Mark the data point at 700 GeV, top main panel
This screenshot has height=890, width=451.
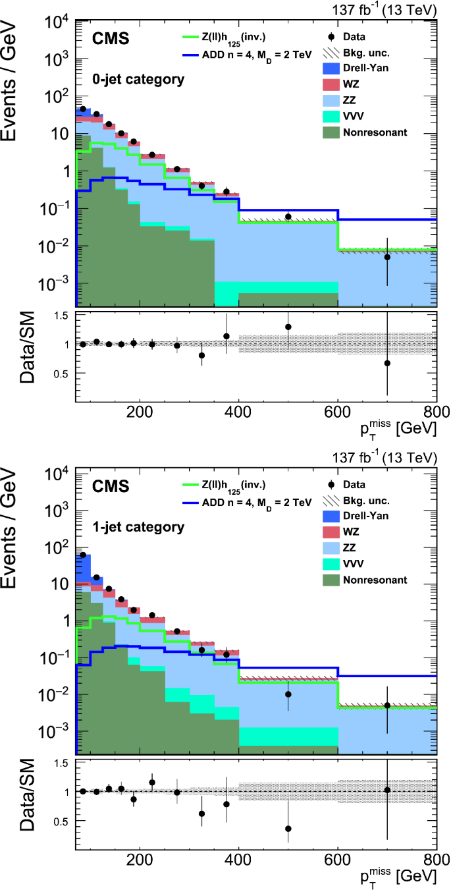click(387, 257)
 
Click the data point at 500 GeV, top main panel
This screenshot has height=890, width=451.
click(288, 217)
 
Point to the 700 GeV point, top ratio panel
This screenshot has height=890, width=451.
click(387, 363)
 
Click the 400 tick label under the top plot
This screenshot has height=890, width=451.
click(238, 413)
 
